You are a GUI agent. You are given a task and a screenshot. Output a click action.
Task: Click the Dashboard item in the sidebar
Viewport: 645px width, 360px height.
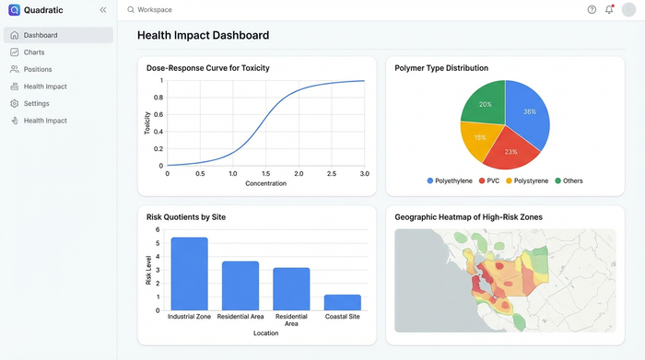click(41, 35)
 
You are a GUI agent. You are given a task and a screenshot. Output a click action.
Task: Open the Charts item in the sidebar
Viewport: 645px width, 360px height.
click(34, 52)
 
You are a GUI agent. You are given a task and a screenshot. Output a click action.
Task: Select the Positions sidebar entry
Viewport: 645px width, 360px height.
click(38, 69)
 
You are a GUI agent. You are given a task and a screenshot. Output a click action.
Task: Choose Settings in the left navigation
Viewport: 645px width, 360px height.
click(37, 103)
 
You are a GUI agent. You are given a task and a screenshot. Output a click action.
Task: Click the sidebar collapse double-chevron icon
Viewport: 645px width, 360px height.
click(102, 9)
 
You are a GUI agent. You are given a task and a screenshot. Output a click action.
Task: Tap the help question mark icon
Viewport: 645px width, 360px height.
click(592, 9)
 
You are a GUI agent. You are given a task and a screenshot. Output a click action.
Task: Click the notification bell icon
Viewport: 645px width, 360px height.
click(609, 9)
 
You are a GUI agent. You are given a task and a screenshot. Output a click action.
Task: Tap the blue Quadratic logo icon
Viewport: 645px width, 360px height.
click(14, 9)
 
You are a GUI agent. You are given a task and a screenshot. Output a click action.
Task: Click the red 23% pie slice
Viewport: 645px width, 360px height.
click(510, 148)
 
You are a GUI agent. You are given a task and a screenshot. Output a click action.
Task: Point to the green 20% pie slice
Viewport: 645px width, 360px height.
click(485, 104)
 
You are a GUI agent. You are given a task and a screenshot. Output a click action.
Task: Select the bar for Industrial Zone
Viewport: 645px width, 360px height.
click(189, 273)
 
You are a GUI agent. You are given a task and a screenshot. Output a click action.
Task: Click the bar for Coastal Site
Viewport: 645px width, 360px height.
click(342, 302)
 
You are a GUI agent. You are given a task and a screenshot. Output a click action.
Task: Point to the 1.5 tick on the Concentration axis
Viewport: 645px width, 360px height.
click(265, 173)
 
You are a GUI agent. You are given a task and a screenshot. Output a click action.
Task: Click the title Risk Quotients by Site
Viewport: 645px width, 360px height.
click(186, 217)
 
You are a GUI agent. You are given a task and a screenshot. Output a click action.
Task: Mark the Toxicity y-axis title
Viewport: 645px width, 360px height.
click(147, 122)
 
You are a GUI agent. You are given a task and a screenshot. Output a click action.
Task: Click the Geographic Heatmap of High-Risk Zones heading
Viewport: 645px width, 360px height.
click(468, 217)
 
